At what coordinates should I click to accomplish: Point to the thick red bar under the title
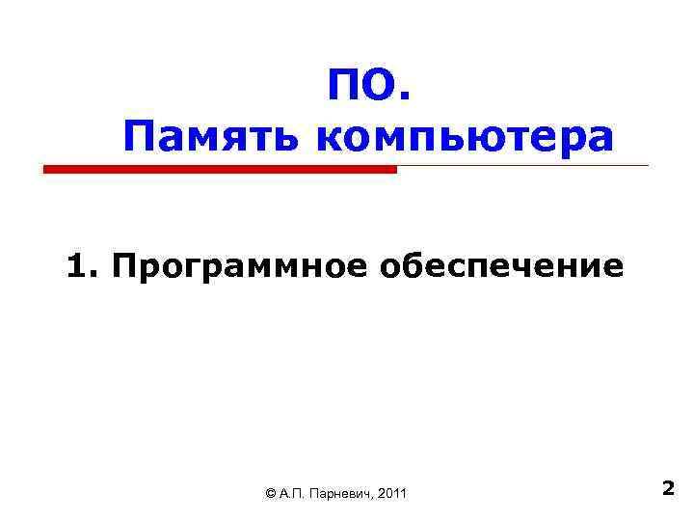pos(220,169)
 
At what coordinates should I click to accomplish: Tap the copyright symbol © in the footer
pos(269,494)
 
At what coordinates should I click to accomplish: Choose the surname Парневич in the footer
pos(341,494)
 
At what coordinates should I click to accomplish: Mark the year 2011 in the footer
pos(394,494)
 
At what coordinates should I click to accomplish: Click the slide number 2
pos(668,489)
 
